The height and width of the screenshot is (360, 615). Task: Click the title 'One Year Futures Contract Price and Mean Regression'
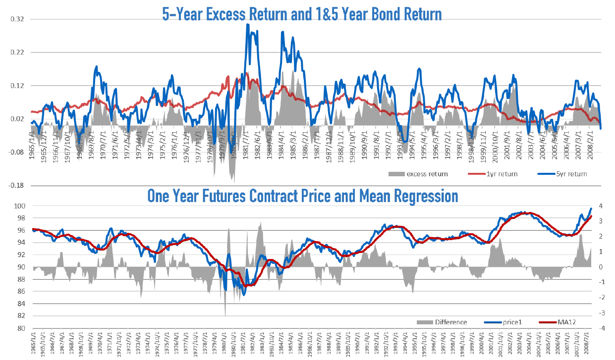[x=302, y=196]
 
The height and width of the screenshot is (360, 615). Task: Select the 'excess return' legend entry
[x=427, y=174]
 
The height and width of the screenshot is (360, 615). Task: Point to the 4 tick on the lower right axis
[x=601, y=206]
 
